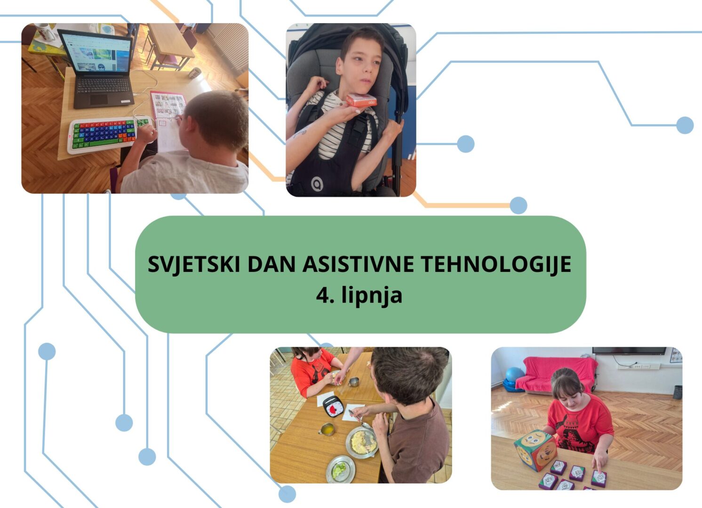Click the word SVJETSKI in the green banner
[x=194, y=264]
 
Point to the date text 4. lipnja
[x=359, y=295]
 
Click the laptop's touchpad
[x=99, y=99]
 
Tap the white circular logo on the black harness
[x=317, y=184]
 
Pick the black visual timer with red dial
[x=333, y=406]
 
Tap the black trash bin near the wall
[x=678, y=392]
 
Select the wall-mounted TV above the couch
[x=629, y=351]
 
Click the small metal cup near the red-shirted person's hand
[x=353, y=381]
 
